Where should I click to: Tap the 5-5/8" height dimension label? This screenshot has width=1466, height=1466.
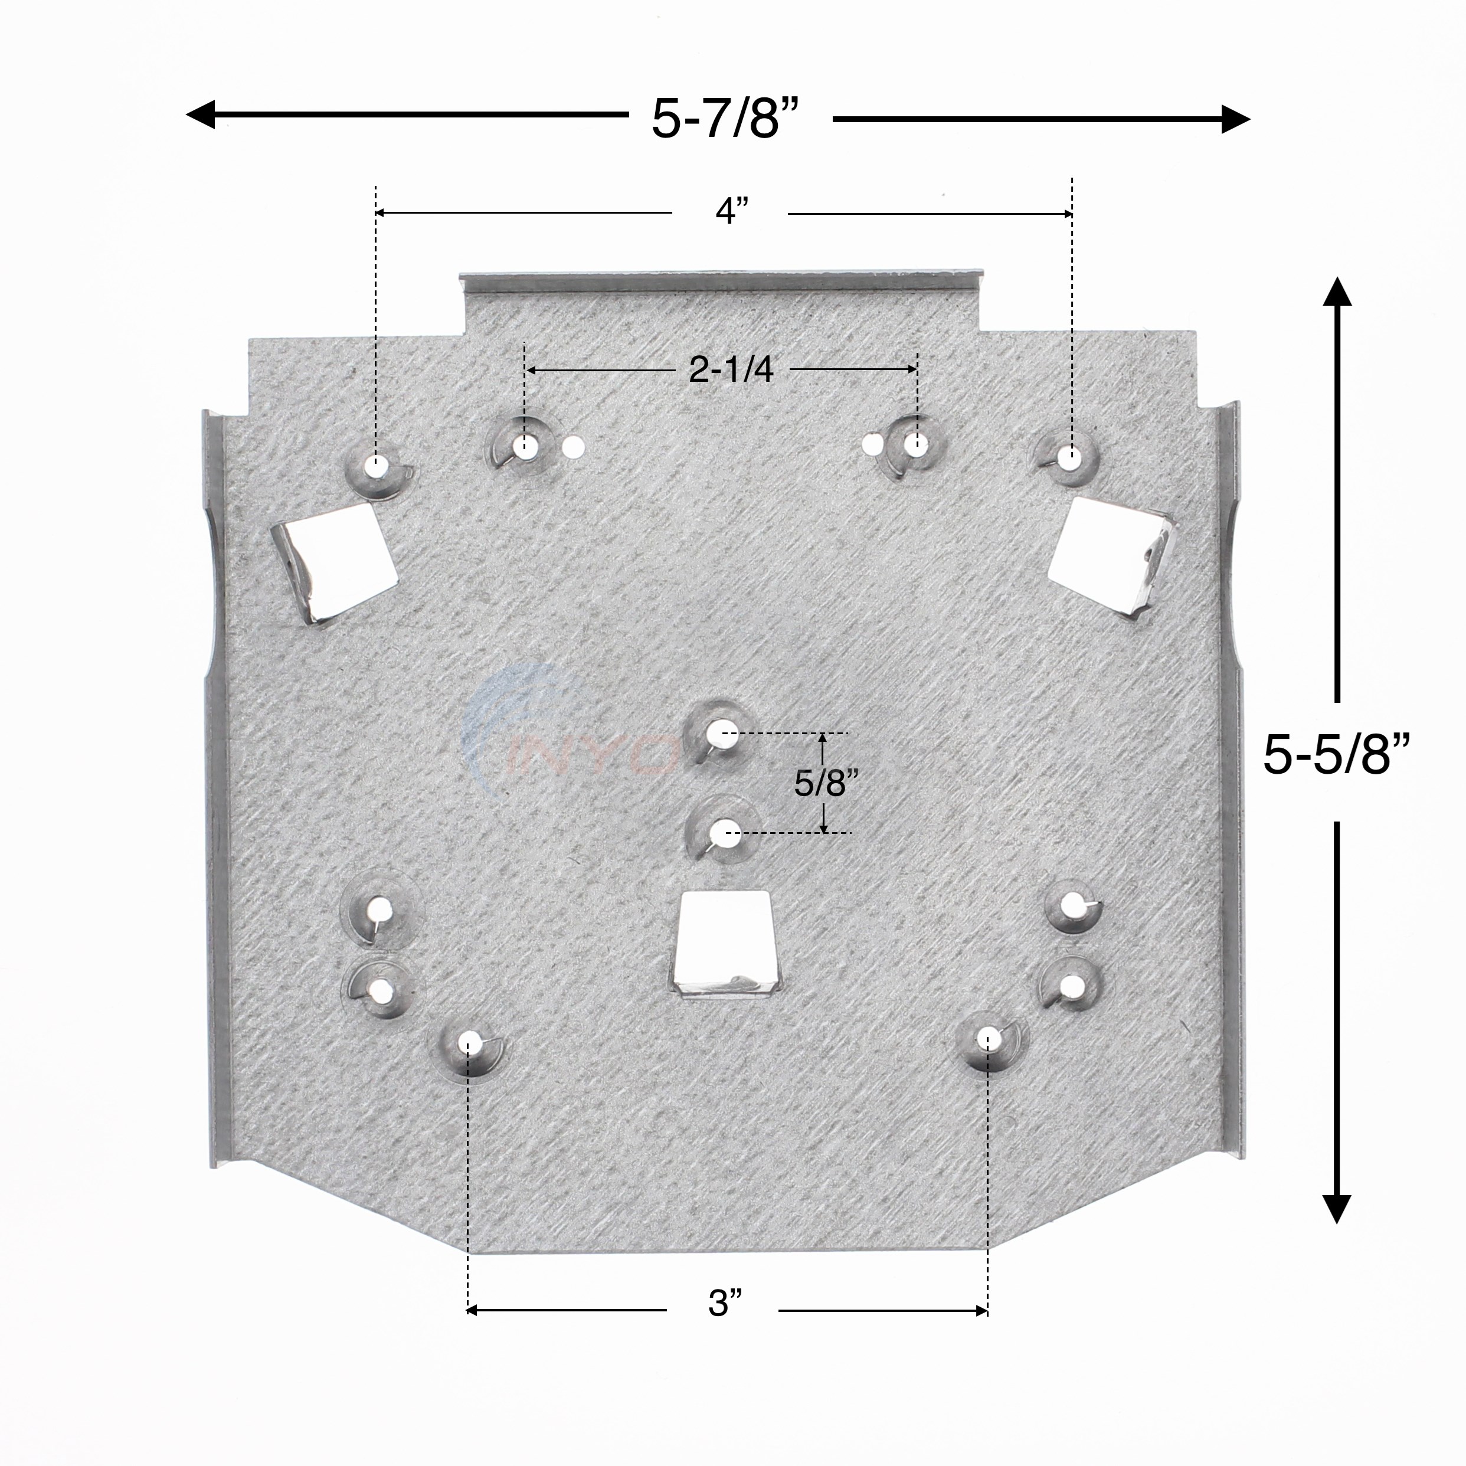coord(1336,755)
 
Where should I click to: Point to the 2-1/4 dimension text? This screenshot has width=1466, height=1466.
coord(731,369)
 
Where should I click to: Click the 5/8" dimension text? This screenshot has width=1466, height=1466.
coord(820,783)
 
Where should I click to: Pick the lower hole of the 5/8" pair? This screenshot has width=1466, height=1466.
coord(721,832)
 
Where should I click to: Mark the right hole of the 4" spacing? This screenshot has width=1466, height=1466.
coord(1071,457)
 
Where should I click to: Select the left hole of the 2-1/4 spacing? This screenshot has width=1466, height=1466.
coord(524,444)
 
